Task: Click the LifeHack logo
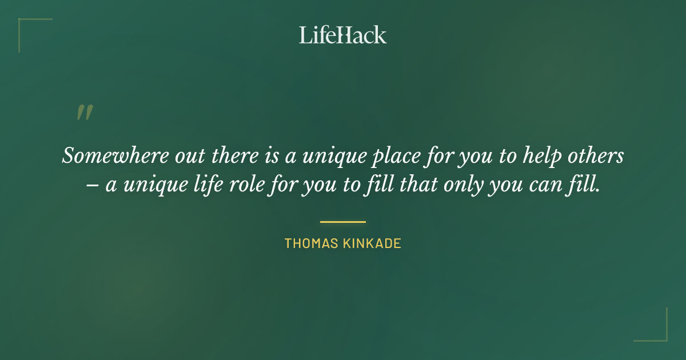tap(342, 35)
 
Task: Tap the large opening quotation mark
tap(84, 113)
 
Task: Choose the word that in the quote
tap(416, 186)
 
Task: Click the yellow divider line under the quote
tap(342, 222)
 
